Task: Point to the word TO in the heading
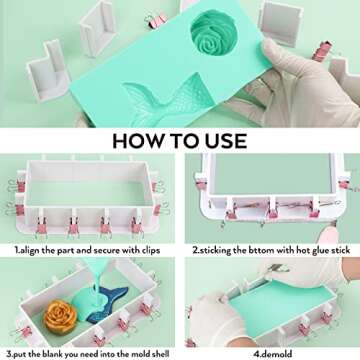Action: tap(181, 139)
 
